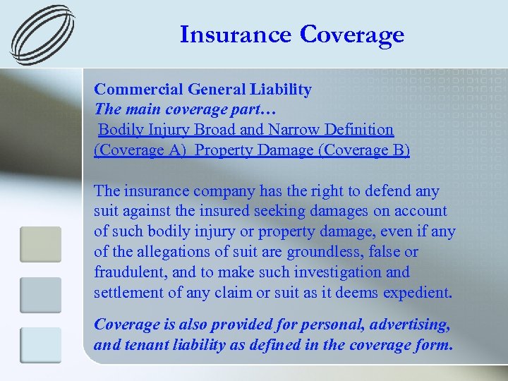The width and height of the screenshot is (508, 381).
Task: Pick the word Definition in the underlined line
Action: point(359,130)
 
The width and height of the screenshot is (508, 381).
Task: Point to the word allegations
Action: point(163,252)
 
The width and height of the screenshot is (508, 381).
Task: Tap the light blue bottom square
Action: point(41,346)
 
